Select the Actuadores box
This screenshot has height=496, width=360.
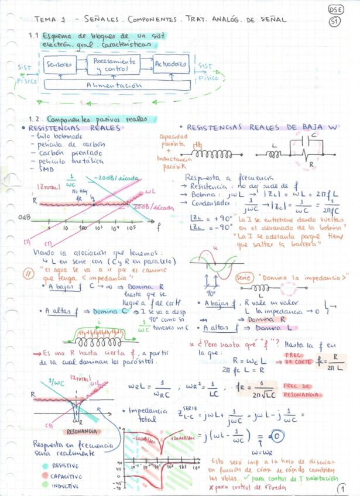click(171, 64)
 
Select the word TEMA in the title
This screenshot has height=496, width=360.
click(45, 19)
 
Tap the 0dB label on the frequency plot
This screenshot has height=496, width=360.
click(24, 217)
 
